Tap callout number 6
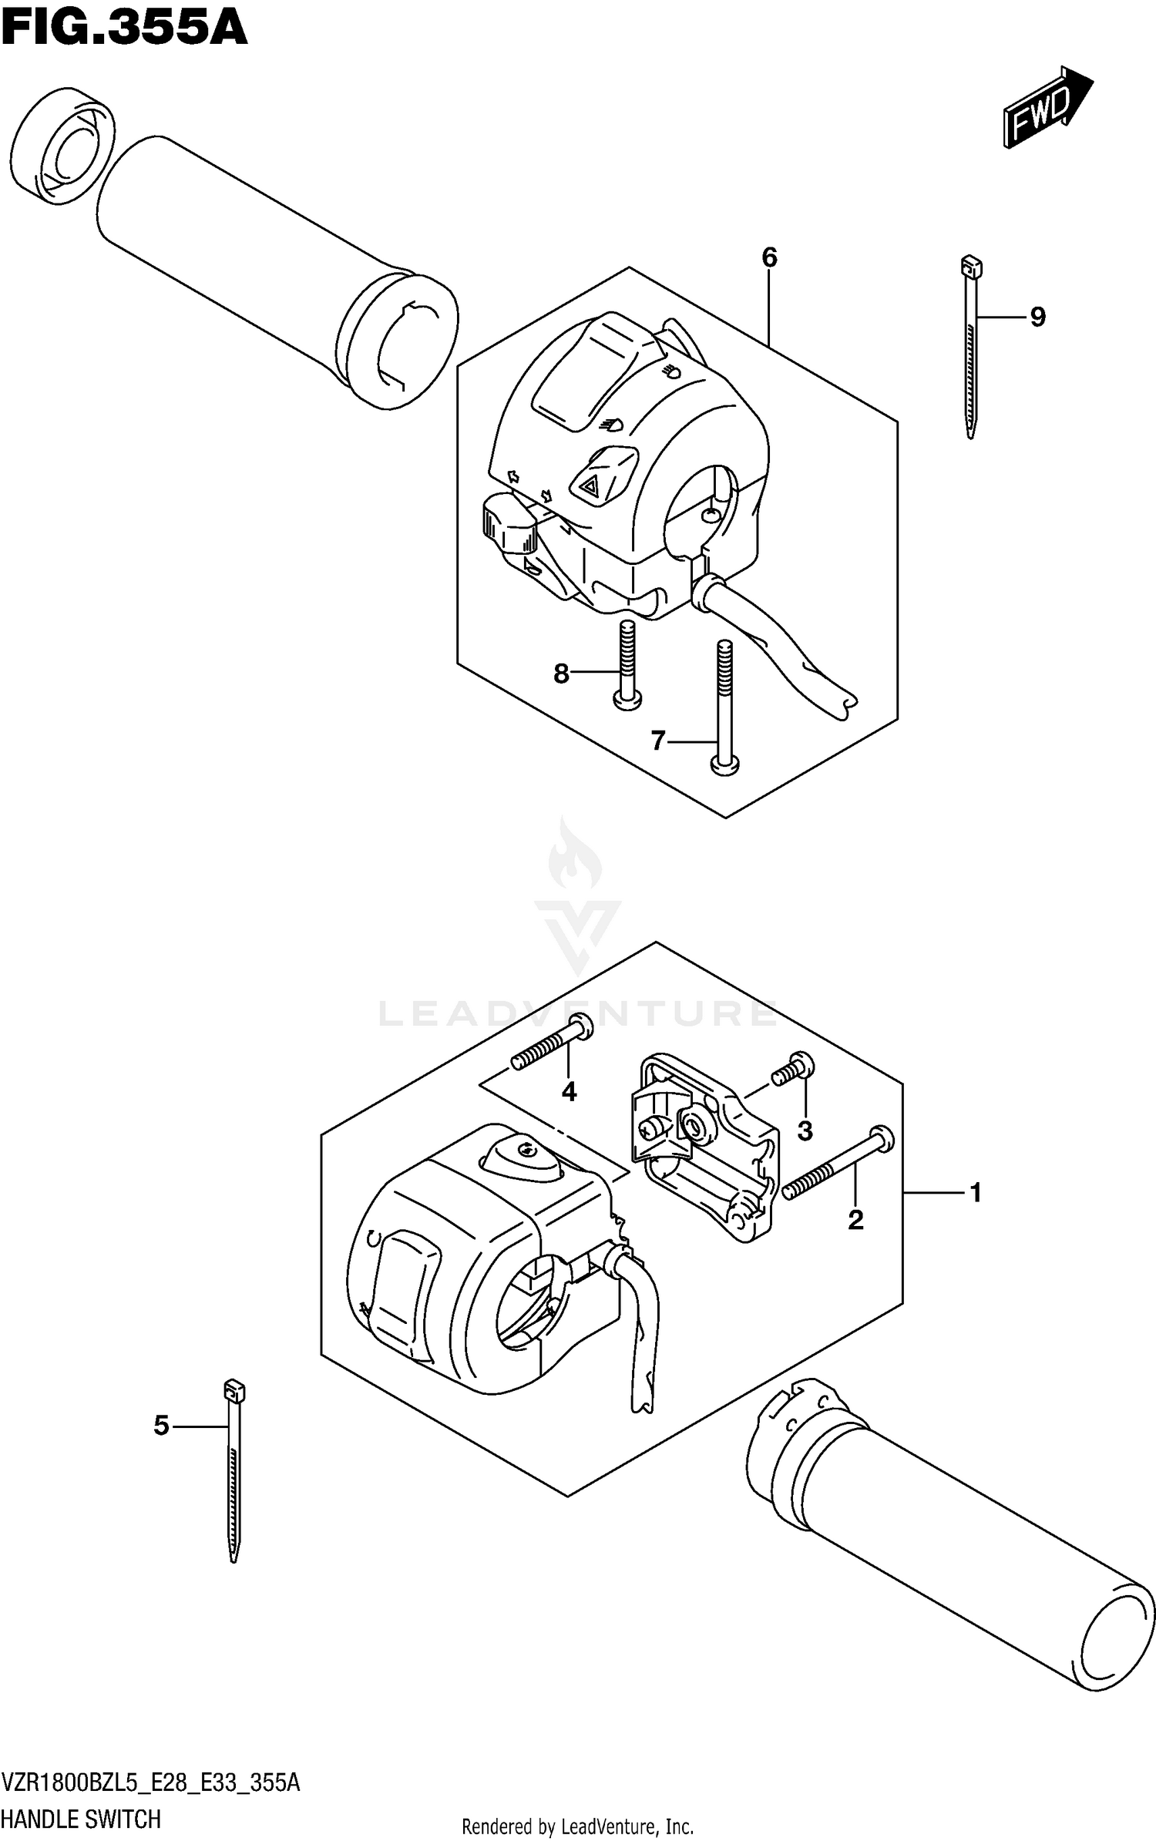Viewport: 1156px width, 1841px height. point(769,258)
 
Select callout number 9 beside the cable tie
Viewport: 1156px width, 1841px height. point(1037,317)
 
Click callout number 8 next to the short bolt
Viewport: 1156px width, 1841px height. point(561,674)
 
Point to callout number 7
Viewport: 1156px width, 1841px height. point(657,741)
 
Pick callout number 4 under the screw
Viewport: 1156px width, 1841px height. point(569,1091)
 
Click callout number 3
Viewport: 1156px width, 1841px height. point(805,1131)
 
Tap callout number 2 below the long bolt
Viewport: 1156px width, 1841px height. point(855,1220)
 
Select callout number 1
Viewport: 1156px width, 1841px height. point(976,1193)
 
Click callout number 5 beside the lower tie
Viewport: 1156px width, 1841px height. point(161,1426)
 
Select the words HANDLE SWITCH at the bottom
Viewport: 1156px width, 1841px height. point(81,1820)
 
